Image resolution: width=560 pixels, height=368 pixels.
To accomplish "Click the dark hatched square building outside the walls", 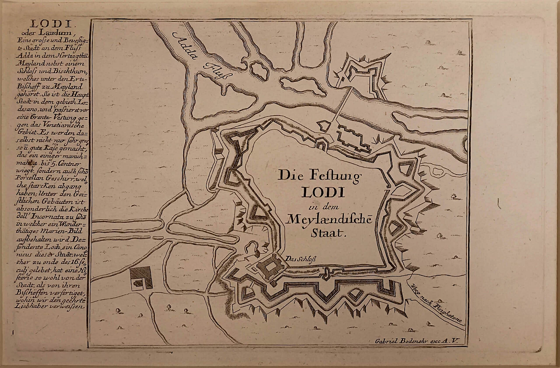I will pos(141,279).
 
